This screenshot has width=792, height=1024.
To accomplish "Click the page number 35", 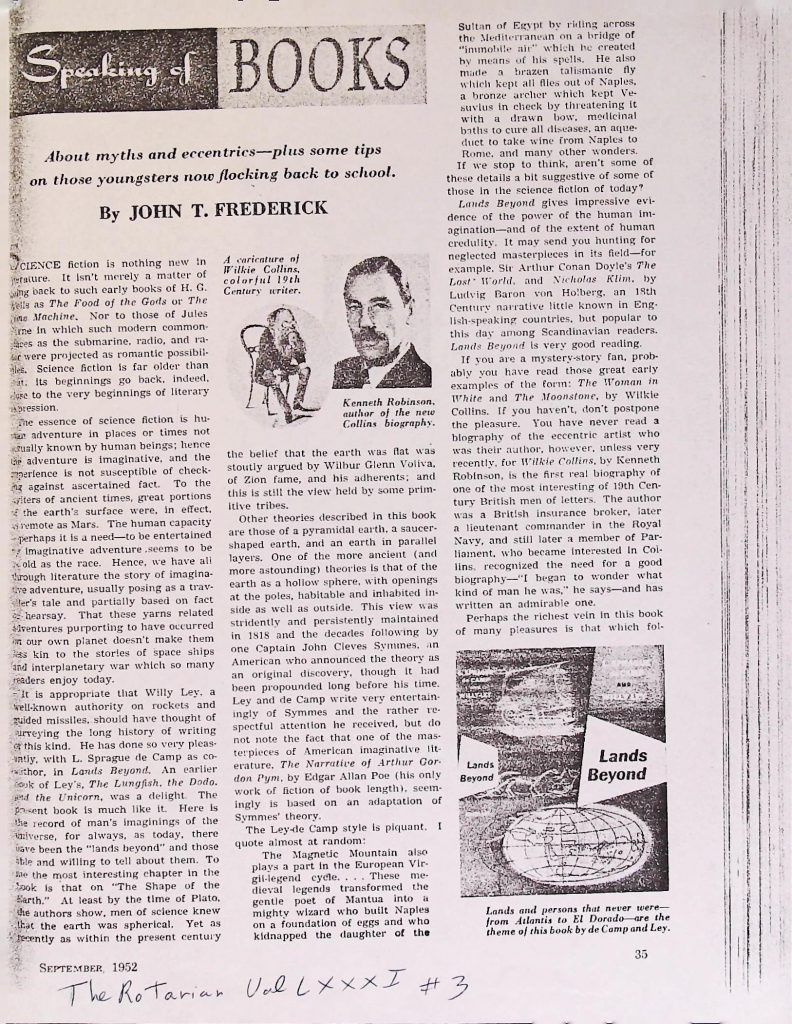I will [641, 953].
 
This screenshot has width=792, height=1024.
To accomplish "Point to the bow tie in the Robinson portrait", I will [380, 358].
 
